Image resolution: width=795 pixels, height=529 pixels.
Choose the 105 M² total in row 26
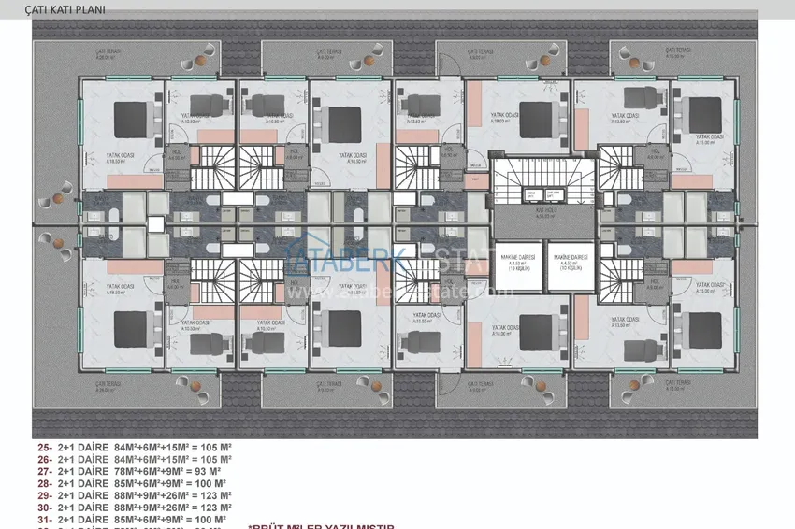[x=215, y=459]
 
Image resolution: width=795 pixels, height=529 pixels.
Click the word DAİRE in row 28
[x=92, y=483]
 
